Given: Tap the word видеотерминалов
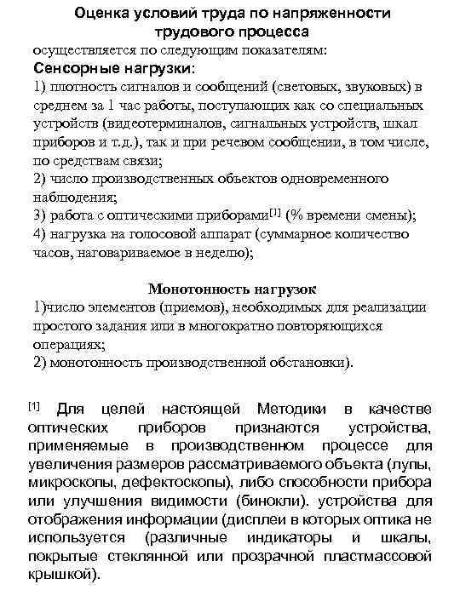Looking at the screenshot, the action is click(x=157, y=123).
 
